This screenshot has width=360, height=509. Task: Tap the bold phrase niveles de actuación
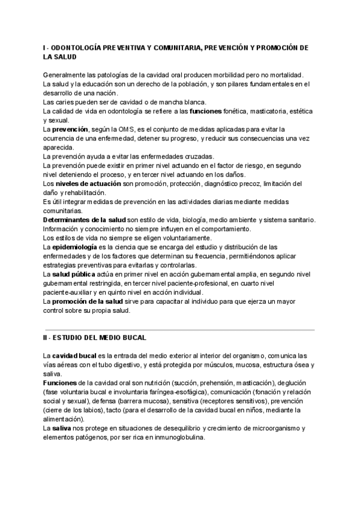tap(89, 183)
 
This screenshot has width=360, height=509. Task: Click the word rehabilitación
tap(88, 192)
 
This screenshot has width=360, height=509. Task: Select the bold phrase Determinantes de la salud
tap(84, 220)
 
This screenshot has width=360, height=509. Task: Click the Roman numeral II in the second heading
tap(45, 338)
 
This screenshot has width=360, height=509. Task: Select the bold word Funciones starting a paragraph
tap(59, 383)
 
